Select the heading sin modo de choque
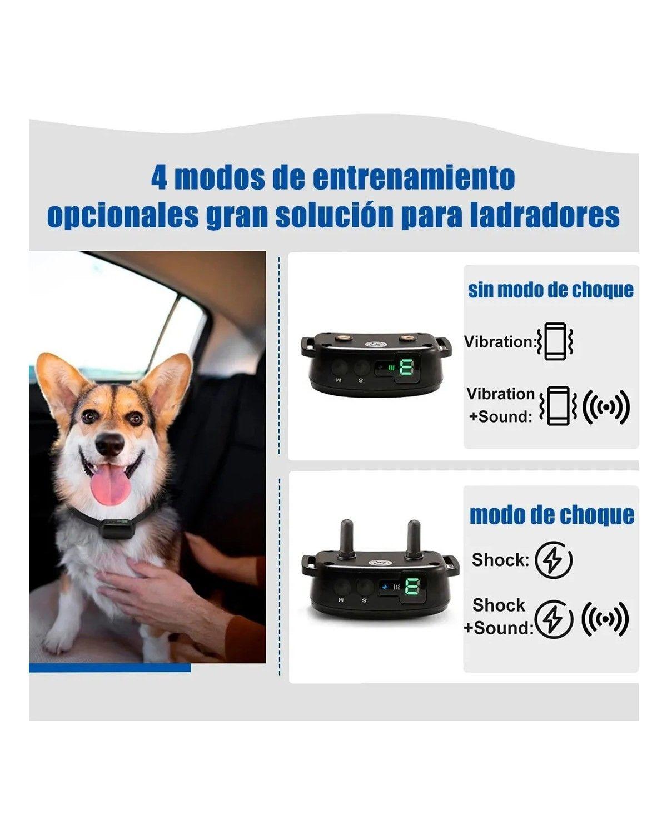point(550,290)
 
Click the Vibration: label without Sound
point(499,341)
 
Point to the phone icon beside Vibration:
point(555,341)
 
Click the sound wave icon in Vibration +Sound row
point(606,406)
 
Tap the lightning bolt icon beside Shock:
point(553,560)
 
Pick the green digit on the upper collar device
point(407,367)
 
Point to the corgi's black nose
point(109,443)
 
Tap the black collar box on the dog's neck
point(117,528)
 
